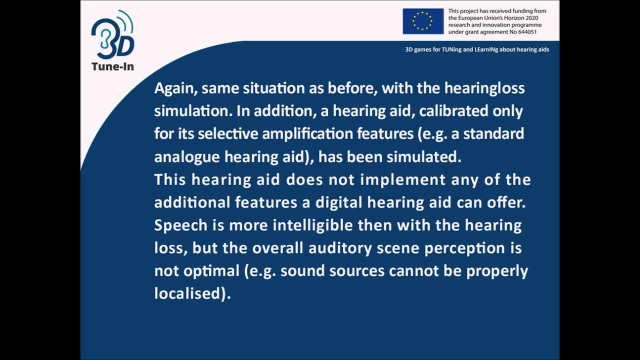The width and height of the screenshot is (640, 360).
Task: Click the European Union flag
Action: [x=423, y=21]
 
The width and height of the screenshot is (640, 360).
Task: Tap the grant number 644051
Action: [x=526, y=31]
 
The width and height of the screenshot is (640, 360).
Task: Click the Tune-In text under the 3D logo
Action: [x=112, y=66]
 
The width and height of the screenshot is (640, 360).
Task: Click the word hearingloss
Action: [x=484, y=88]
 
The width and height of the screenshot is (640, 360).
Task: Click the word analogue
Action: [x=187, y=157]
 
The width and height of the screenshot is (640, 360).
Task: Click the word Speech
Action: [x=180, y=225]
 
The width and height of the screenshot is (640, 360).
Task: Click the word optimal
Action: [x=210, y=271]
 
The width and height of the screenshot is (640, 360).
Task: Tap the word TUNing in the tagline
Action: [x=453, y=49]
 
